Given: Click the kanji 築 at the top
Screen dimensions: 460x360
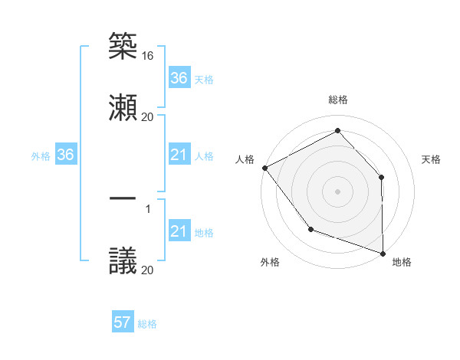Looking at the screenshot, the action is (123, 46).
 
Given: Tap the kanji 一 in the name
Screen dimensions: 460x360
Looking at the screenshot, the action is (123, 198).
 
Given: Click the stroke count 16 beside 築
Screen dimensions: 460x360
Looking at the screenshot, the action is (148, 56).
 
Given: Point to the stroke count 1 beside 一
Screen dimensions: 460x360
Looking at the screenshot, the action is (148, 208).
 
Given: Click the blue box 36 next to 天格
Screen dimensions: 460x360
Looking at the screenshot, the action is (179, 78).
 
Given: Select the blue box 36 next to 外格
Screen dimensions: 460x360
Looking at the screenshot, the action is (66, 155).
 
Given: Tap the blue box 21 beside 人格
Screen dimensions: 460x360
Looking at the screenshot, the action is (179, 155).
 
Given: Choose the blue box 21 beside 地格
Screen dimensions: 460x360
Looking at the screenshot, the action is (179, 232).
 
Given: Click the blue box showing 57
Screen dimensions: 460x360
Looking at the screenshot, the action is (123, 323).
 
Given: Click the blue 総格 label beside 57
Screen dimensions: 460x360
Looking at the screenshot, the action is (147, 324).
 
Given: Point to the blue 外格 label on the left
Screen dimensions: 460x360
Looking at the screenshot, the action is (41, 156).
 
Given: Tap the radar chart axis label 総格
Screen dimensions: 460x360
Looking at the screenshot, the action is (337, 100).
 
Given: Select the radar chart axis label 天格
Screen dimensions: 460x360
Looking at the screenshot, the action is (432, 159).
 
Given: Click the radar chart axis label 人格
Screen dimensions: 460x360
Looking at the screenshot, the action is (245, 159).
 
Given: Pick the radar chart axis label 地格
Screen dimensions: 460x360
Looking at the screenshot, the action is (402, 262).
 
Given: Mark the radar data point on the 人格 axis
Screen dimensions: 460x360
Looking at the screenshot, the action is (264, 168).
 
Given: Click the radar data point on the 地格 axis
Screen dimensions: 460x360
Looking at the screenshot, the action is (383, 253).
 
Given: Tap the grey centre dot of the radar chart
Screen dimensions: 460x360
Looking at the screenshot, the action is (337, 191).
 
